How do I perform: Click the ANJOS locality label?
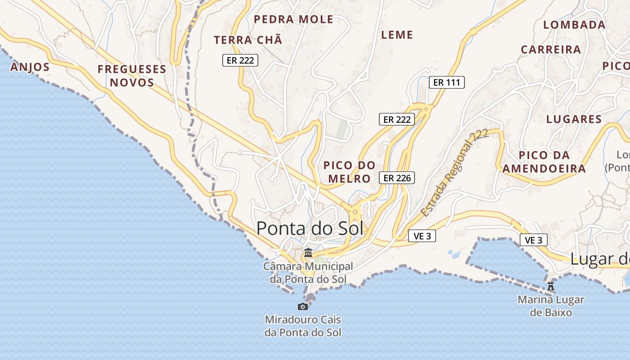click(x=30, y=67)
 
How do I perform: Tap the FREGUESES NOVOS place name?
click(x=132, y=76)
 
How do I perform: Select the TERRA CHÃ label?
click(x=248, y=40)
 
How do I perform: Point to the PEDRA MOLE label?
click(x=293, y=19)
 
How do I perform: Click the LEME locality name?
click(x=397, y=35)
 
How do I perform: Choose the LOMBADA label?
click(x=574, y=25)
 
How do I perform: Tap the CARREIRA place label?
click(x=551, y=49)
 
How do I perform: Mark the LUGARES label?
click(x=574, y=119)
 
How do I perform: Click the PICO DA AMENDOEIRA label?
click(x=544, y=162)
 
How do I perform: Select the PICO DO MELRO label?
click(x=349, y=172)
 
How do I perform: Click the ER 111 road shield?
click(x=446, y=82)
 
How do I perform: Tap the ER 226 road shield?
click(x=396, y=178)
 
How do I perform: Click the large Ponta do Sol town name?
click(x=310, y=229)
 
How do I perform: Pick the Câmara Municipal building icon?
click(x=308, y=253)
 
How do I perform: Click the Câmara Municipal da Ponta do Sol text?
click(x=308, y=273)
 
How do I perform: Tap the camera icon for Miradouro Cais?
click(x=303, y=306)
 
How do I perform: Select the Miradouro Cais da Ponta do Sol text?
click(x=303, y=326)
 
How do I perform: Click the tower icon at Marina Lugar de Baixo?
click(x=550, y=286)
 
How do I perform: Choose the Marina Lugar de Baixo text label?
click(x=551, y=306)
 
